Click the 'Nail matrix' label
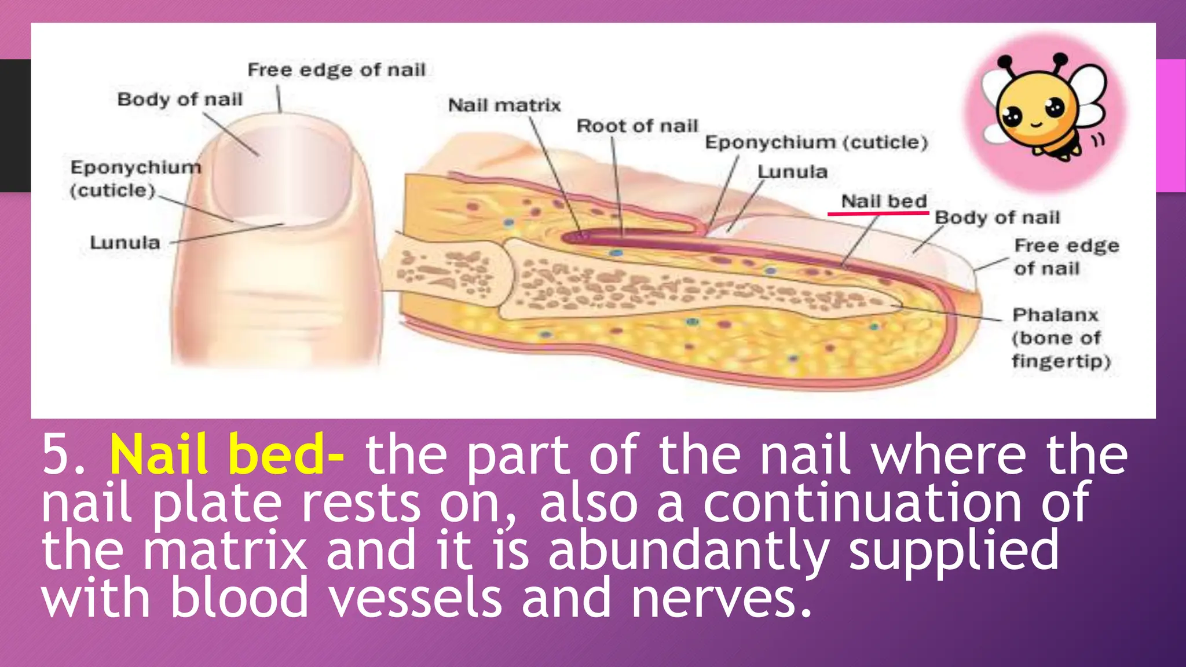[x=504, y=105]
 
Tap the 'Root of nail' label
[x=637, y=126]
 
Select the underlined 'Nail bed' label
[x=884, y=201]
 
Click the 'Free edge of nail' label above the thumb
[x=336, y=70]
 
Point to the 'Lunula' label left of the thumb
[x=125, y=243]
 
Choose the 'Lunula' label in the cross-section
[x=792, y=172]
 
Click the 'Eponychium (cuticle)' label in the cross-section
[x=816, y=142]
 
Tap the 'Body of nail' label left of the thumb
[x=180, y=100]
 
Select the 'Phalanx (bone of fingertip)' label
[x=1060, y=338]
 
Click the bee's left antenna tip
[x=1005, y=61]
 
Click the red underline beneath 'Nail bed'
[x=878, y=213]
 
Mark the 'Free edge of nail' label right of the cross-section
[x=1066, y=257]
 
